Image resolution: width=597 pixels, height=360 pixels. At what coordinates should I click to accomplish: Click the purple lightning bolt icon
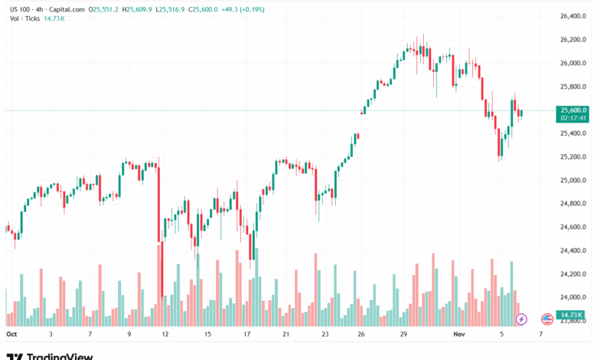[x=522, y=319]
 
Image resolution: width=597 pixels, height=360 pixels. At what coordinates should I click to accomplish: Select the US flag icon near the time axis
[x=546, y=319]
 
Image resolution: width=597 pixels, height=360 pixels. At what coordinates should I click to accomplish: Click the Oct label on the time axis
[x=11, y=335]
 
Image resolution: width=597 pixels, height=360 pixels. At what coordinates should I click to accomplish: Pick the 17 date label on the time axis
[x=246, y=335]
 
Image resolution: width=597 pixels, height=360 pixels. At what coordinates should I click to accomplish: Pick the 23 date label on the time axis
[x=325, y=335]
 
